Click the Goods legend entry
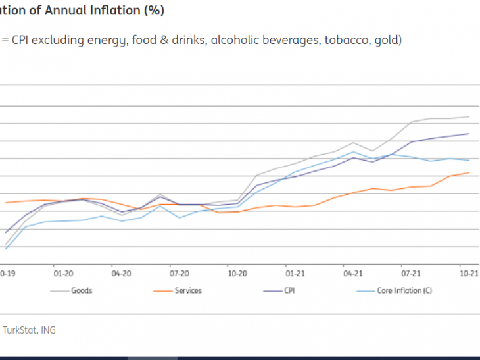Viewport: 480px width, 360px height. [82, 290]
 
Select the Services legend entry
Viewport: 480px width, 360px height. [188, 290]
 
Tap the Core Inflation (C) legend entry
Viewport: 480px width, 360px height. [403, 290]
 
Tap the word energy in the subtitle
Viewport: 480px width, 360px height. [106, 40]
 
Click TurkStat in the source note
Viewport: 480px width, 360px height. [20, 330]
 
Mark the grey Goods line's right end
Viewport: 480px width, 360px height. [469, 117]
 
